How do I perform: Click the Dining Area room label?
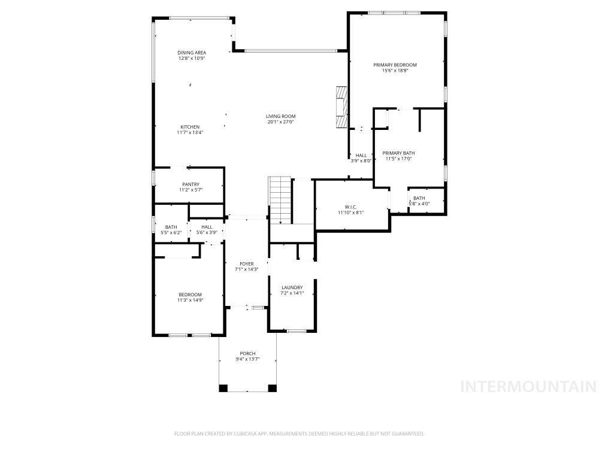point(192,53)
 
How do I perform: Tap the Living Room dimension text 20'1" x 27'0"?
point(281,122)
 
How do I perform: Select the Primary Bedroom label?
point(395,65)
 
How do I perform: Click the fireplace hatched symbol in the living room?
point(341,107)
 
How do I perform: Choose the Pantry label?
point(191,184)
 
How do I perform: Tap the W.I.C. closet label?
point(350,207)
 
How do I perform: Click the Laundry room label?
point(292,287)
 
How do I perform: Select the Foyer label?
point(246,263)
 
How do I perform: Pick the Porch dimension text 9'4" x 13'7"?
point(247,359)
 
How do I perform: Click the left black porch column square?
point(223,388)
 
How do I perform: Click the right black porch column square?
point(272,388)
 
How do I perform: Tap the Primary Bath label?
point(398,153)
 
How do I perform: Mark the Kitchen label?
point(190,127)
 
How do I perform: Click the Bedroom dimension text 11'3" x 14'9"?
point(190,300)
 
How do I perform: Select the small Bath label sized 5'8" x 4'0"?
point(419,198)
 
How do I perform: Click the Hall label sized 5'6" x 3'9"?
point(207,227)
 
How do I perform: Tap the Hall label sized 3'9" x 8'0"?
point(361,155)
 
